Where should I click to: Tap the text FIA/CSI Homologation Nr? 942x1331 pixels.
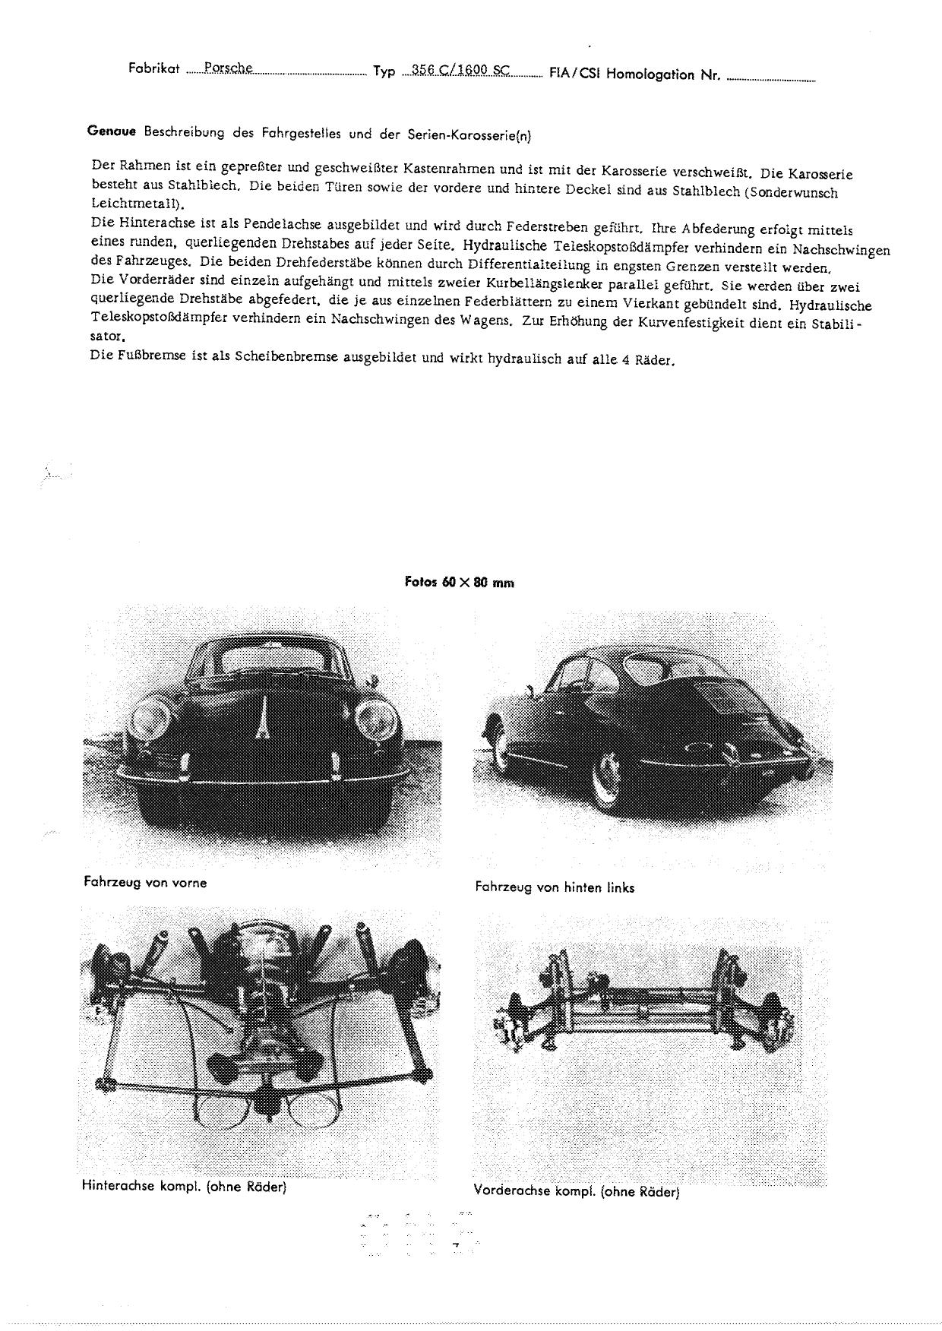click(634, 74)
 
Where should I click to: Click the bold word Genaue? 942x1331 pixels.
click(111, 131)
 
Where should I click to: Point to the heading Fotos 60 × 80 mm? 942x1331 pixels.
click(460, 583)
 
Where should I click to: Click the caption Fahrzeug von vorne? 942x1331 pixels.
click(145, 882)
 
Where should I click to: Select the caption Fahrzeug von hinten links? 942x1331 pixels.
click(555, 887)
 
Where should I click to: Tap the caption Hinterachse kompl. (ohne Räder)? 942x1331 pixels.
click(184, 1186)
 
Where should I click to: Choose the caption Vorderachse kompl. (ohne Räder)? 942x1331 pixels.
click(576, 1191)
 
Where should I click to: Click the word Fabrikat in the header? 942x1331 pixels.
click(154, 68)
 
